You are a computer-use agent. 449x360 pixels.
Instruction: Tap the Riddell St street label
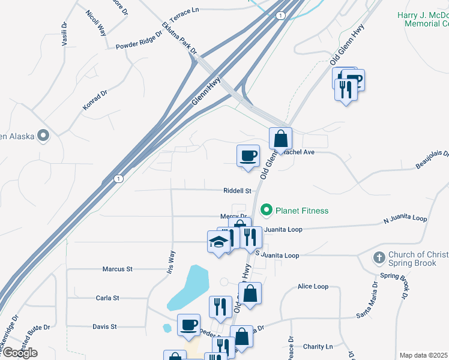(x=237, y=191)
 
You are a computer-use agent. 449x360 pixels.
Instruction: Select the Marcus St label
(x=117, y=269)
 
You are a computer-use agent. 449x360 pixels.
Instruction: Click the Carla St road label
(x=107, y=298)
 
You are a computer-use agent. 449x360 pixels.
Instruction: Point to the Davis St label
(x=104, y=327)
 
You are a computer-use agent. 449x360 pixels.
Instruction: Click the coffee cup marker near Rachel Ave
(x=248, y=157)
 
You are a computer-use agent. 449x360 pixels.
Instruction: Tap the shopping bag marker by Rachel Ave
(x=280, y=139)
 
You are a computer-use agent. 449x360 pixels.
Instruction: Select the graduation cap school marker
(x=218, y=242)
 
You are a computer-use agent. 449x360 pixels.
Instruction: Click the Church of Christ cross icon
(x=379, y=258)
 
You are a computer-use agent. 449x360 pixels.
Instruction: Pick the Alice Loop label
(x=313, y=287)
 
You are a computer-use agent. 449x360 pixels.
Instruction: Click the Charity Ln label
(x=318, y=347)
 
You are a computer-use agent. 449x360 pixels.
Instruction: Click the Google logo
(x=19, y=353)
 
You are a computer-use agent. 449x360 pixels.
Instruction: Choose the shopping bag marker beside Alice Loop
(x=250, y=294)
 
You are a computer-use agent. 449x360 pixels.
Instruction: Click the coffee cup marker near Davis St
(x=188, y=325)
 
